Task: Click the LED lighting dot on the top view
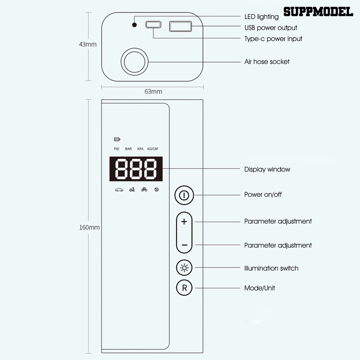(134, 25)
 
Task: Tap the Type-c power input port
(154, 25)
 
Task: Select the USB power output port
(180, 26)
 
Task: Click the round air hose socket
(135, 62)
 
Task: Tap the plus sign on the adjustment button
(184, 222)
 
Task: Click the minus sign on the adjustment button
(184, 245)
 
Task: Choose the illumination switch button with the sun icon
(184, 268)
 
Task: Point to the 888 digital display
(136, 169)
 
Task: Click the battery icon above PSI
(117, 140)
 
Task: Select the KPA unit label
(140, 149)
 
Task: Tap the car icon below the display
(119, 190)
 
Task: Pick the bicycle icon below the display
(144, 189)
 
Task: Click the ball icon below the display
(156, 189)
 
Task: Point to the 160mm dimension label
(89, 227)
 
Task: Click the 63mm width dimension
(153, 92)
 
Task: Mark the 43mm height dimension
(88, 45)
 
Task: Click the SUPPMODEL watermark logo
(318, 12)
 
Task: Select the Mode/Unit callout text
(259, 288)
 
